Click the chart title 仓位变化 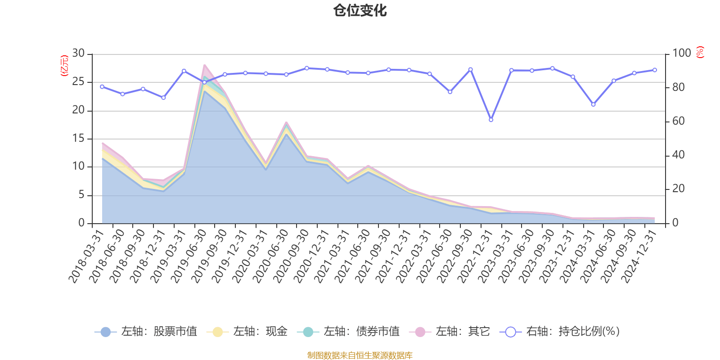coord(360,10)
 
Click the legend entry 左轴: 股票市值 coord(146,332)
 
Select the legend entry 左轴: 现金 coord(247,332)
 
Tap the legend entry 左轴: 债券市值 coord(348,332)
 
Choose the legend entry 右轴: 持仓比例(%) coord(560,332)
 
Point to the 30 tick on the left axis coord(79,54)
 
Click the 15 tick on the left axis coord(79,139)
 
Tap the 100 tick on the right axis coord(681,54)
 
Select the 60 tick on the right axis coord(678,121)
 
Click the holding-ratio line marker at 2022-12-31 coord(491,120)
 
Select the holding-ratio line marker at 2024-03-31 coord(593,104)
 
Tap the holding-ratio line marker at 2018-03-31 coord(102,86)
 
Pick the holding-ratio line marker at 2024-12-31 coord(655,70)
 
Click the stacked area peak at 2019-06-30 coord(204,65)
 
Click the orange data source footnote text coord(360,355)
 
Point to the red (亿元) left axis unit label coord(64,66)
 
